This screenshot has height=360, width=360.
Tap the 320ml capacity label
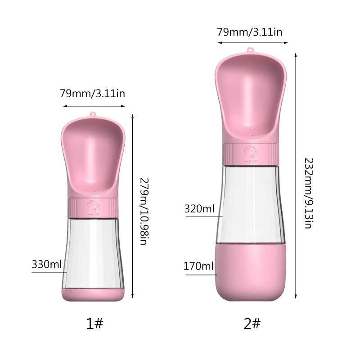199,209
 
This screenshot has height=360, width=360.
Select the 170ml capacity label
198,266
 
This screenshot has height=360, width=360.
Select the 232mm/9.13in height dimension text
307,193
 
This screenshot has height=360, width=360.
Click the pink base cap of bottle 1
93,296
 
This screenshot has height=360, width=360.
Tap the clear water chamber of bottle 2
250,202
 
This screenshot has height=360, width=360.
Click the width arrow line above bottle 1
94,106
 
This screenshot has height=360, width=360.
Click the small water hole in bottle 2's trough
250,134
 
